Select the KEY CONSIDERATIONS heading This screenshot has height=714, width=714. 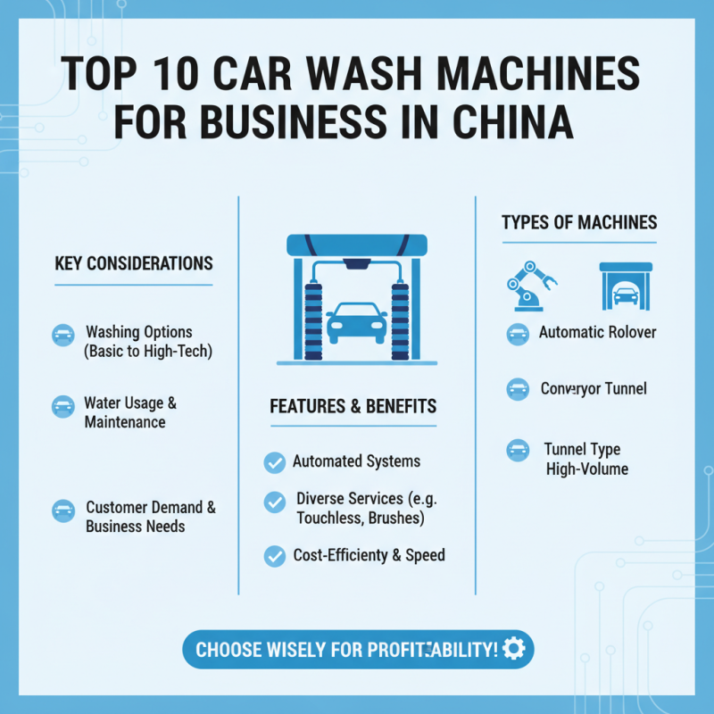click(x=134, y=264)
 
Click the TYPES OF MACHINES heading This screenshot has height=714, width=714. click(x=579, y=222)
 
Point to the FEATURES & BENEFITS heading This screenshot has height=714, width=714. click(x=353, y=407)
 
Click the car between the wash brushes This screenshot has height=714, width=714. click(x=357, y=323)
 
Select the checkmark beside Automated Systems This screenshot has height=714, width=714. click(x=275, y=462)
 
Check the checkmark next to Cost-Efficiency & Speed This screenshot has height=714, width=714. click(x=275, y=556)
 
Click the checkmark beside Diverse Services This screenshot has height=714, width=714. click(x=275, y=502)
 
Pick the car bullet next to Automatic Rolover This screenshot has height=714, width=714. click(x=518, y=335)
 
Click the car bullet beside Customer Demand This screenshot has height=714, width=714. click(x=63, y=511)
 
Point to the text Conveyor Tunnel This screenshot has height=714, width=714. click(x=594, y=389)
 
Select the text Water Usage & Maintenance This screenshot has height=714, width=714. click(x=130, y=412)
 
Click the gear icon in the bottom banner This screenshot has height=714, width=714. click(x=514, y=649)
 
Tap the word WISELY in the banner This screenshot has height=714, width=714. click(x=303, y=650)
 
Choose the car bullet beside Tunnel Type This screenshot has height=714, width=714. click(x=518, y=450)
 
